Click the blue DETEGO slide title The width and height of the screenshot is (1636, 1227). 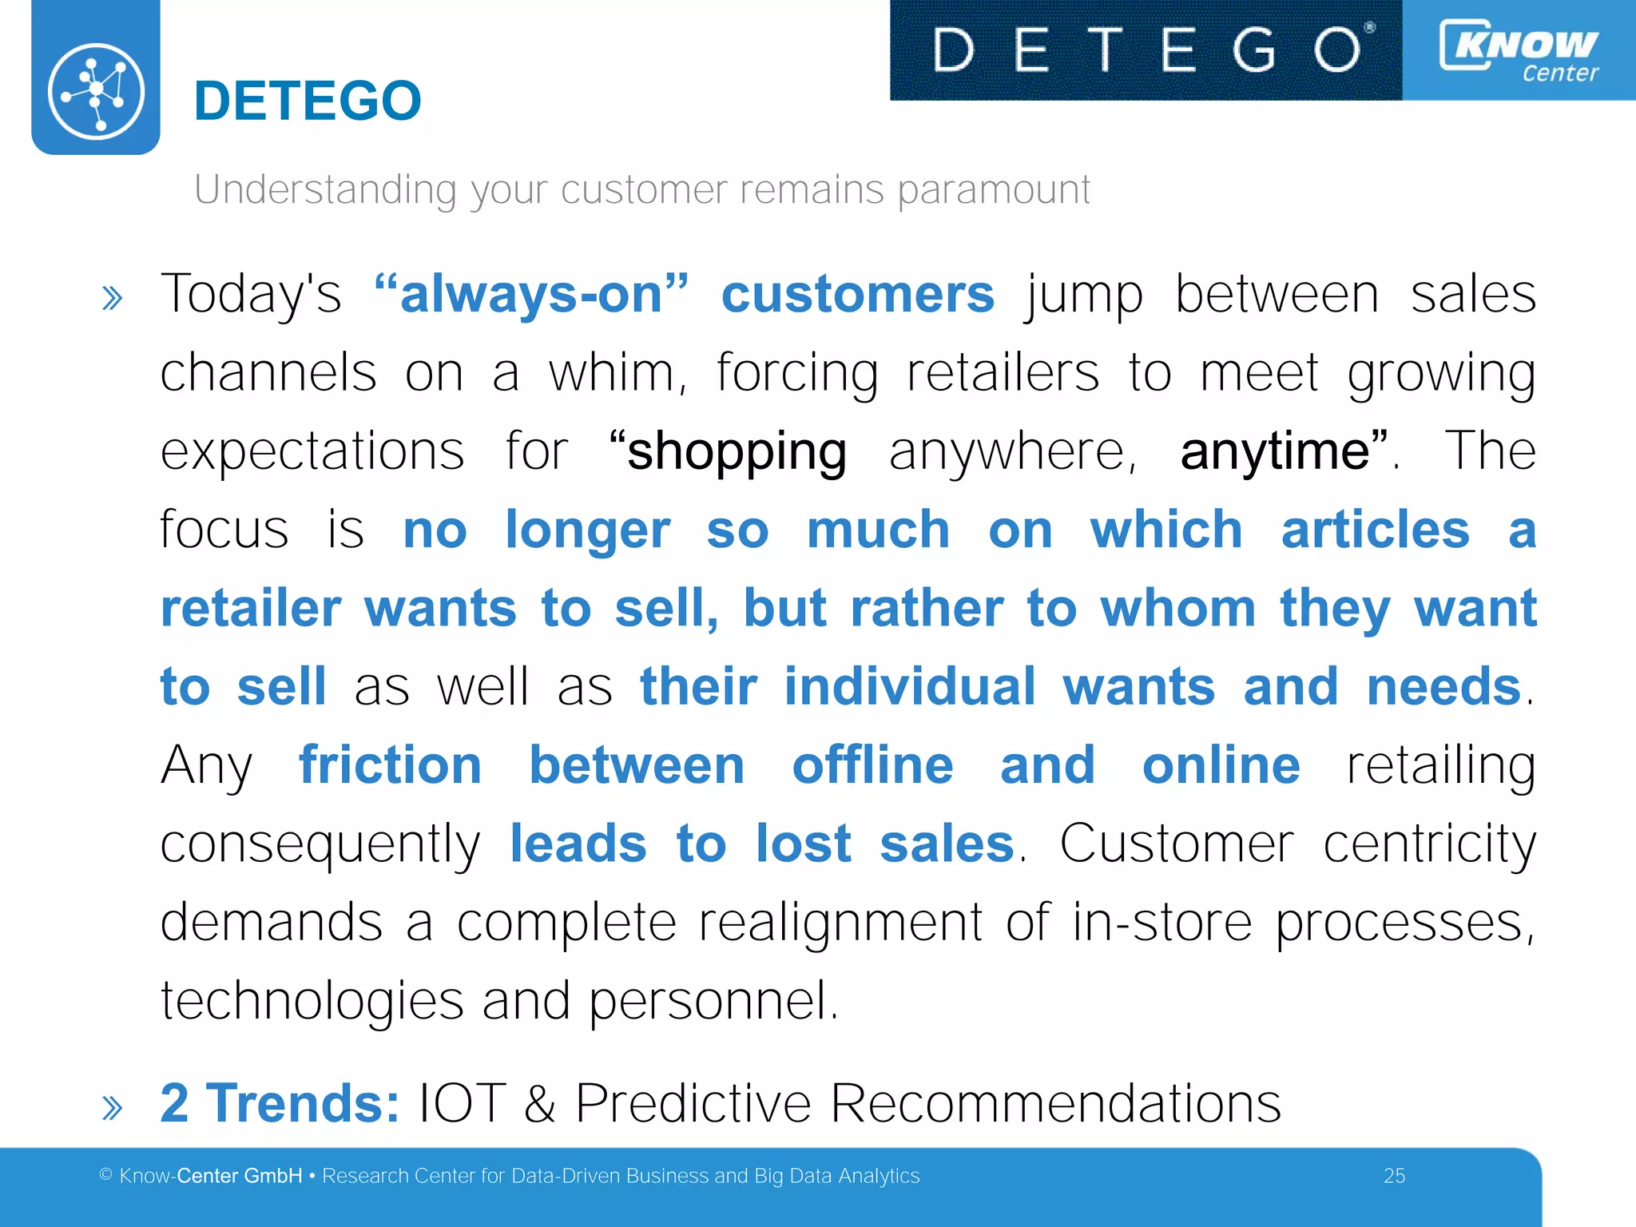tap(308, 101)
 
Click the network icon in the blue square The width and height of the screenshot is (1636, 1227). tap(96, 92)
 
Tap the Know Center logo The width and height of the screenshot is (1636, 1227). tap(1519, 51)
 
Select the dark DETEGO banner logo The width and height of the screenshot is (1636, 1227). tap(1146, 50)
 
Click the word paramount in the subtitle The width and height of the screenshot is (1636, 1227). tap(994, 191)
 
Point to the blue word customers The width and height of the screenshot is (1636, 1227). tap(857, 294)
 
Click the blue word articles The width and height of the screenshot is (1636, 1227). tap(1375, 530)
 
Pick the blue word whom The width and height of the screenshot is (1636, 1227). tap(1178, 608)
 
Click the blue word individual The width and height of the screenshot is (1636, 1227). tap(909, 686)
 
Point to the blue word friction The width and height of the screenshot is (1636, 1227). tap(390, 764)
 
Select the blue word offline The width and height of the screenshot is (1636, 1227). tap(872, 764)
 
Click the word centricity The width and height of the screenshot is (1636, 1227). tap(1429, 844)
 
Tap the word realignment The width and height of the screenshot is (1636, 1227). tap(840, 923)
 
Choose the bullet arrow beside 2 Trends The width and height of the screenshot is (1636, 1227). tap(113, 1108)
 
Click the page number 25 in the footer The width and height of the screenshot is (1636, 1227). tap(1394, 1176)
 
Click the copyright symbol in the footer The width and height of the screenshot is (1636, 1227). tap(105, 1174)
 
